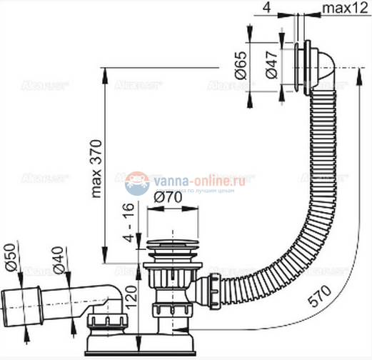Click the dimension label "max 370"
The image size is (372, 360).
tap(98, 164)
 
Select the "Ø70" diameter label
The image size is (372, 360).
tap(171, 199)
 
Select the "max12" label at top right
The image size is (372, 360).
tap(349, 8)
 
